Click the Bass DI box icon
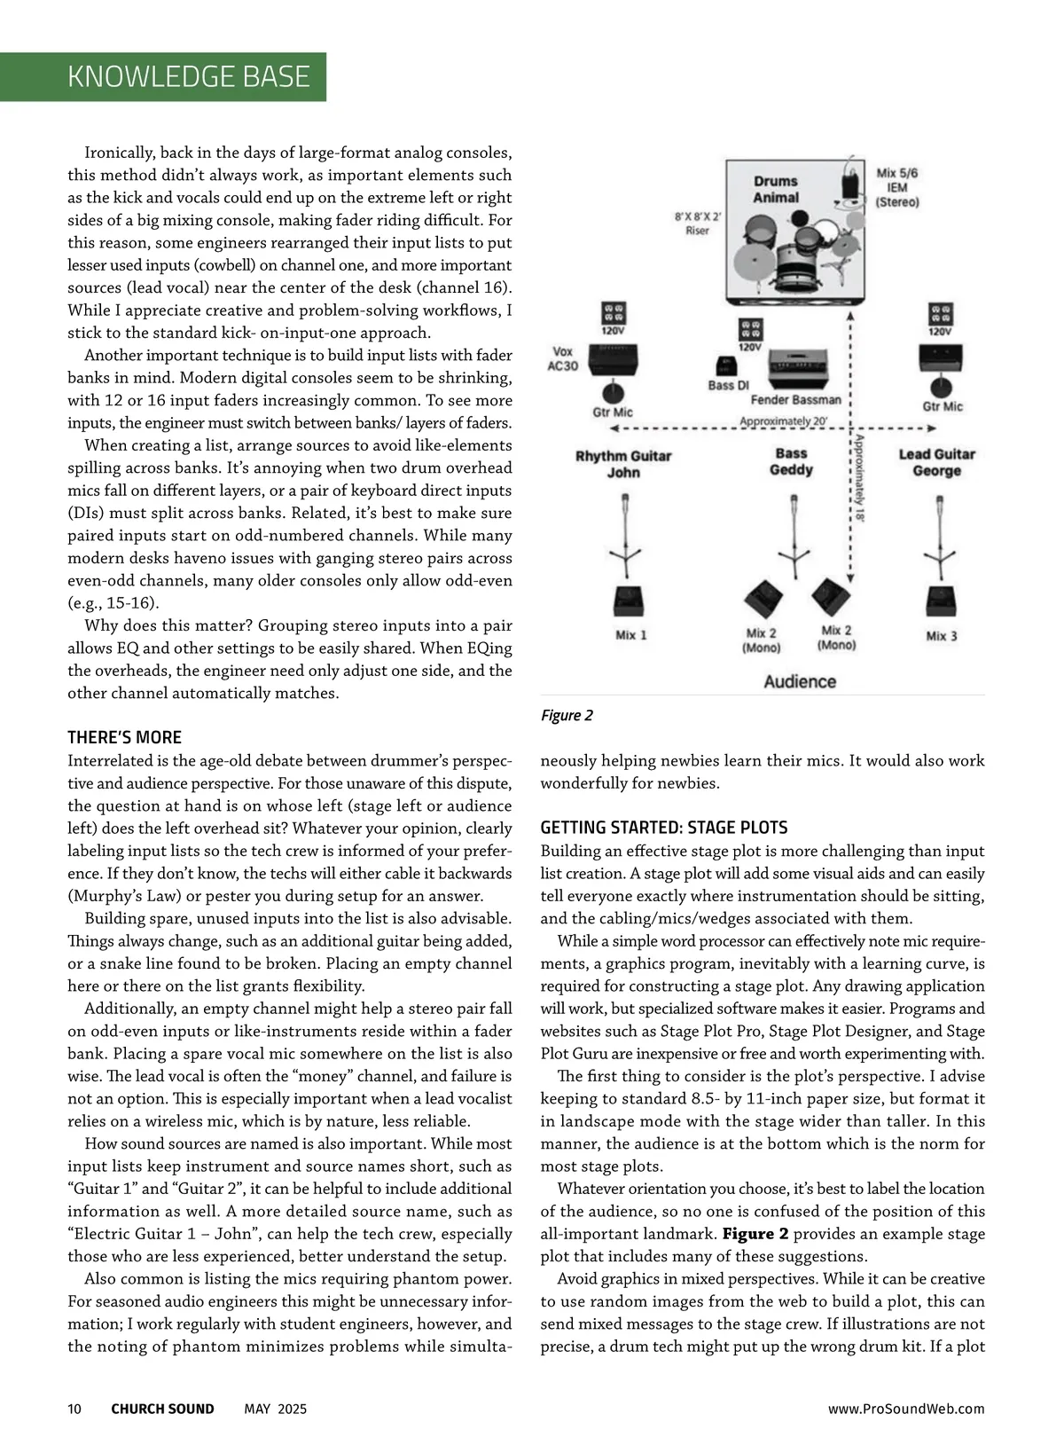(725, 366)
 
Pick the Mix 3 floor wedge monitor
(940, 602)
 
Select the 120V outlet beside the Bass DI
(750, 333)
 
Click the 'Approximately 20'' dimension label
(782, 421)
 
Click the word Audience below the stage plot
(800, 681)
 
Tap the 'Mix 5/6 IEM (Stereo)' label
(897, 187)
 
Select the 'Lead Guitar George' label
(936, 462)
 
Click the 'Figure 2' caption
(567, 716)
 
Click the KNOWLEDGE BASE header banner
(188, 76)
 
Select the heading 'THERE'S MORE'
(124, 737)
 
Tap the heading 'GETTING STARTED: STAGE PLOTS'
(663, 828)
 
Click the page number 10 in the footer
(74, 1409)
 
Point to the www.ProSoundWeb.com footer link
(905, 1409)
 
